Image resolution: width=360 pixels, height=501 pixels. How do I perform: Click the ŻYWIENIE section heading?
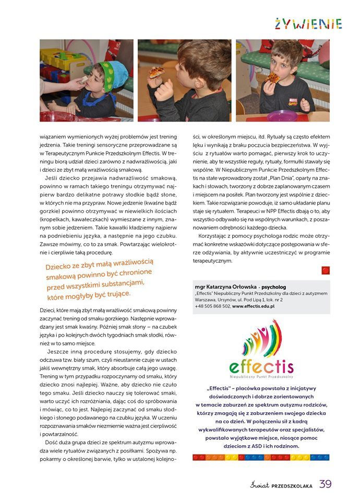click(x=308, y=24)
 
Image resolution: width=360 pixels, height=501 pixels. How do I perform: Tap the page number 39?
click(x=326, y=483)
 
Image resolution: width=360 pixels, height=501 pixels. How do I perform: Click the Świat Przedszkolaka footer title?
click(x=281, y=485)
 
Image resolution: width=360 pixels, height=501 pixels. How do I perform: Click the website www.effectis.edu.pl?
click(x=254, y=306)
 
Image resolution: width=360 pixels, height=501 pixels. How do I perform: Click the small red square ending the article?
click(x=326, y=270)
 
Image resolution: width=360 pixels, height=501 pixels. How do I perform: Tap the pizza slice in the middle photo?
click(x=156, y=71)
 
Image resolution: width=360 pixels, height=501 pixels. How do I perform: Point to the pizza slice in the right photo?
click(x=272, y=77)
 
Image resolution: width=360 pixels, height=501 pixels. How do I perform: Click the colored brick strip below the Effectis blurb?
click(x=261, y=457)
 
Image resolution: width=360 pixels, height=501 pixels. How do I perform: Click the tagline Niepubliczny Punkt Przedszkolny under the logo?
click(x=261, y=376)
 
